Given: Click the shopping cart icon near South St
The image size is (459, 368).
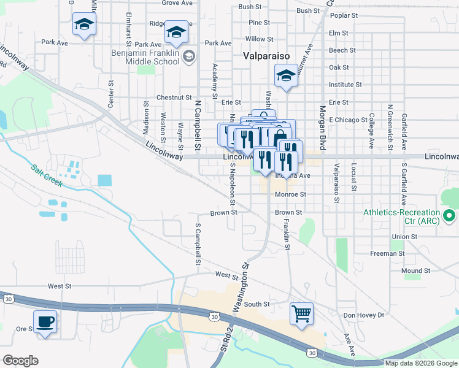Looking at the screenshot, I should pos(301,314).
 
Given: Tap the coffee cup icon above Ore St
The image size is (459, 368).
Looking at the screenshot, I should pos(45,321).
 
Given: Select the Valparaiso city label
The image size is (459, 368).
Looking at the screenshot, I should pos(266,55).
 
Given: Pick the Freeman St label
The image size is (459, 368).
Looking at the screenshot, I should pos(387,253).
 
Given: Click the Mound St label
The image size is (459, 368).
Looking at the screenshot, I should pos(416,270).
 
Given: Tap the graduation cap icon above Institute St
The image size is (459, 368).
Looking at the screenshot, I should pos(285,77).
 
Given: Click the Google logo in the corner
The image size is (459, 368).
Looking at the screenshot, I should pos(20,361).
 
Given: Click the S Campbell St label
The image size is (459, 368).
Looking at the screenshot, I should pos(198,244).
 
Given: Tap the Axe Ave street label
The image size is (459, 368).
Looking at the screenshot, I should pos(349,345).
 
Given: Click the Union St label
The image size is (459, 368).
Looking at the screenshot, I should pos(404,236).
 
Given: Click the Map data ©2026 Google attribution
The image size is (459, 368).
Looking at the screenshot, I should pos(421,363).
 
